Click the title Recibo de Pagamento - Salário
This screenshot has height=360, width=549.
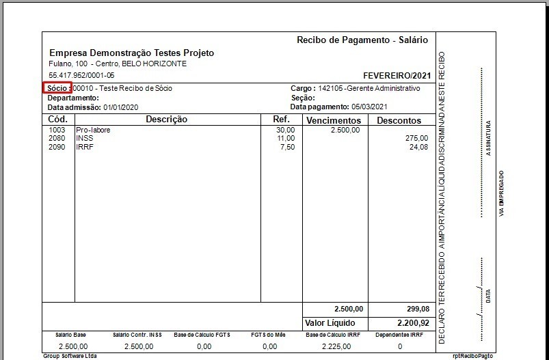click(x=362, y=40)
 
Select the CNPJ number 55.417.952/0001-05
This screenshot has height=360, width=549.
click(x=81, y=75)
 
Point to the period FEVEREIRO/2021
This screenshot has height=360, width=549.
click(x=397, y=75)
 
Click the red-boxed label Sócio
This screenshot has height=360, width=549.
click(x=57, y=88)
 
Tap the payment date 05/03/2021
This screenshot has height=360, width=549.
click(x=369, y=107)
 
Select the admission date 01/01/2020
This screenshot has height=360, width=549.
click(x=121, y=107)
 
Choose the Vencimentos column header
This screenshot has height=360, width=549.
click(x=334, y=120)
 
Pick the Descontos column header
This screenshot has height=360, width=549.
click(x=399, y=120)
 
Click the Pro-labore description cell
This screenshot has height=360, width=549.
click(x=93, y=130)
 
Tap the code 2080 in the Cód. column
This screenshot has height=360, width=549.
click(x=57, y=138)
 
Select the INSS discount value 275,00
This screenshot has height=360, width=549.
click(x=416, y=138)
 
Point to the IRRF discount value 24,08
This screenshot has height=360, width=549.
click(x=418, y=146)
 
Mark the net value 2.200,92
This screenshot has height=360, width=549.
click(x=413, y=322)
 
